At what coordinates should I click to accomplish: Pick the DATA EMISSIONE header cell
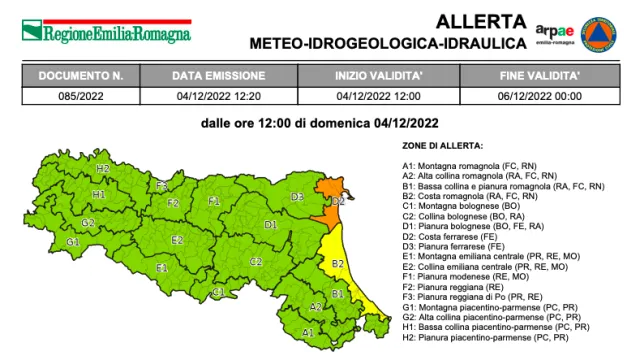point(219,76)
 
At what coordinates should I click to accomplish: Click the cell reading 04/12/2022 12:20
point(219,95)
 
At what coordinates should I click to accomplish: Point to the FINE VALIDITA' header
point(540,76)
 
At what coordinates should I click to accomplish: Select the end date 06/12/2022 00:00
point(540,95)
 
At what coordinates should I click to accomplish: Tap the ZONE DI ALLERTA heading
point(442,146)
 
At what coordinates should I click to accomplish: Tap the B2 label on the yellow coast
point(338,263)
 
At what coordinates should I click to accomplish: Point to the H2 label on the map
point(103,169)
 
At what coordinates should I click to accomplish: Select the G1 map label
point(73,242)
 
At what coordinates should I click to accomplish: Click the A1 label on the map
point(308,331)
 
